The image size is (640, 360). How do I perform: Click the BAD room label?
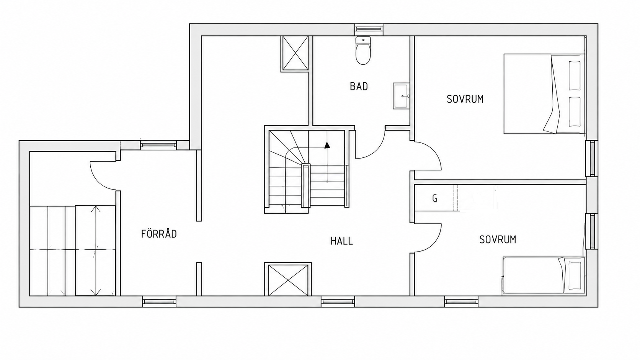point(359,86)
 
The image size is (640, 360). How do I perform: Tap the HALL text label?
point(342,241)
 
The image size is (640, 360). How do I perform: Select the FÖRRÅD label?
point(159,234)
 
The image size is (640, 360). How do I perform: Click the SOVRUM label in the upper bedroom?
point(465,99)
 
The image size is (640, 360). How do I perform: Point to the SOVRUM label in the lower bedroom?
point(498,240)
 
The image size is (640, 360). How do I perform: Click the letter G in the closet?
point(434,198)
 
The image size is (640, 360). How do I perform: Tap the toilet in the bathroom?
point(363,50)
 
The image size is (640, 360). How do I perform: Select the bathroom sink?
point(401,96)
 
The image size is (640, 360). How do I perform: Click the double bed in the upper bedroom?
point(544,94)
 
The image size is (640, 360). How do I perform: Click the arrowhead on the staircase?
point(327,145)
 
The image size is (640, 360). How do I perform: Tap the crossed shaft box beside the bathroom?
point(295,54)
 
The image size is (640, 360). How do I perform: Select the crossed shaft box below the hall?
point(288,279)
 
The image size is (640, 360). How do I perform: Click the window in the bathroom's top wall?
point(369,29)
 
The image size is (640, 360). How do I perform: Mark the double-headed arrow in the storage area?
point(95,250)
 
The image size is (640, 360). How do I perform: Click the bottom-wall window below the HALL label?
point(338,301)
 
